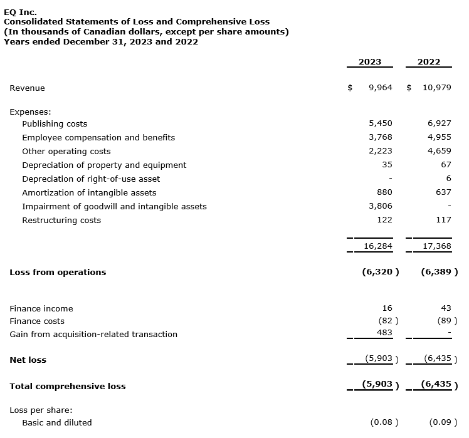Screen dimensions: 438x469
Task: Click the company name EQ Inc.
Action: click(20, 12)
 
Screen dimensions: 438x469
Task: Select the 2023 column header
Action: click(369, 62)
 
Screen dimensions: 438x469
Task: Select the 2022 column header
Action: click(428, 62)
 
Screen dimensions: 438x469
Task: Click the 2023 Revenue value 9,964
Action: click(380, 88)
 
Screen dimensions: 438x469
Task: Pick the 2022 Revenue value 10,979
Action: click(436, 88)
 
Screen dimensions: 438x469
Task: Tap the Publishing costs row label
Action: click(55, 123)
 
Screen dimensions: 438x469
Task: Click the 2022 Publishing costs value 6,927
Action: click(440, 123)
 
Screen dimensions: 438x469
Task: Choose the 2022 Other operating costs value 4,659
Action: click(440, 151)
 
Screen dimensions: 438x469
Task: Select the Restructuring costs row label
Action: click(61, 220)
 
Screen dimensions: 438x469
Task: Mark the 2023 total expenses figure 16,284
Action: click(378, 246)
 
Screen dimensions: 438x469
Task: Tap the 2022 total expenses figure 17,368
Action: click(437, 246)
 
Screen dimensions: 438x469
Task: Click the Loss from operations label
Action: click(58, 272)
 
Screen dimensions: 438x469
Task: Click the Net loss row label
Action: click(28, 360)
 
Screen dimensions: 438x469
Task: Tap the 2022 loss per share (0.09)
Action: click(441, 422)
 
